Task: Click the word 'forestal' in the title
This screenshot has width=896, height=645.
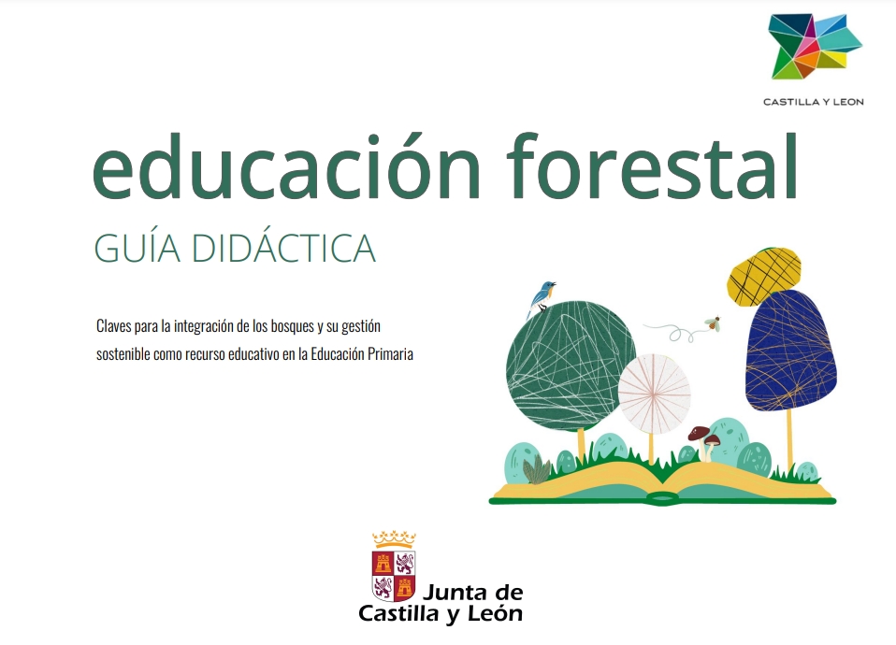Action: [652, 165]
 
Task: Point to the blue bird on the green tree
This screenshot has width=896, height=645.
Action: [541, 296]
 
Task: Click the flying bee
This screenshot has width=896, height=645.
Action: [713, 323]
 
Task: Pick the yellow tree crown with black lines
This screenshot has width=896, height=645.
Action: [763, 276]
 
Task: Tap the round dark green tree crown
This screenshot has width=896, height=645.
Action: [570, 365]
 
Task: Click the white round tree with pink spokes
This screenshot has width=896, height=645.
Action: [654, 394]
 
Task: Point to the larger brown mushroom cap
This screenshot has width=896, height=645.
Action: [699, 433]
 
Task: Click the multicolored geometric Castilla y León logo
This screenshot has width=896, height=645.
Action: [814, 46]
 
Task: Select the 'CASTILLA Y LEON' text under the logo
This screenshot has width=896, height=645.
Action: [813, 102]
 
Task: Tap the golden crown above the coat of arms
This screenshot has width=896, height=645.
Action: [394, 538]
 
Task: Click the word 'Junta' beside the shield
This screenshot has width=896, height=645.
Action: [455, 592]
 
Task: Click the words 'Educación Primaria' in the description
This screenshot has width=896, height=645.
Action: [362, 354]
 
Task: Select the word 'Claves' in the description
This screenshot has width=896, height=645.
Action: [114, 325]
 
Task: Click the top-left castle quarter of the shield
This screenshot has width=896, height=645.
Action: [383, 563]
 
